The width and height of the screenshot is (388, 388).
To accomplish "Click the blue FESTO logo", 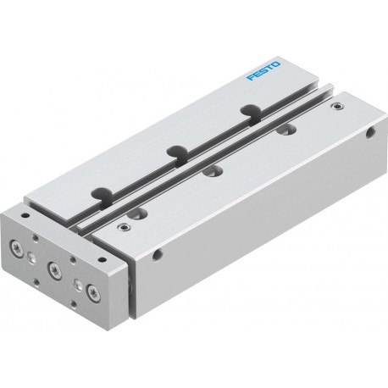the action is point(263,70).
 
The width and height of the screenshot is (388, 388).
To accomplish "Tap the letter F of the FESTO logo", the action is point(250,78).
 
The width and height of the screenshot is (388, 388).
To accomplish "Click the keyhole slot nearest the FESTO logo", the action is point(251,113).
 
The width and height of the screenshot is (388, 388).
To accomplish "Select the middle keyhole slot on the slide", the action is point(177,154).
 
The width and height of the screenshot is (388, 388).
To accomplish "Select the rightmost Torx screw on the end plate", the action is point(93,292).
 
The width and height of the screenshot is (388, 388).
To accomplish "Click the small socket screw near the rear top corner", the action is point(336,107).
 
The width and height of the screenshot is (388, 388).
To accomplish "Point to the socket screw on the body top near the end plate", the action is point(123,226).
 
